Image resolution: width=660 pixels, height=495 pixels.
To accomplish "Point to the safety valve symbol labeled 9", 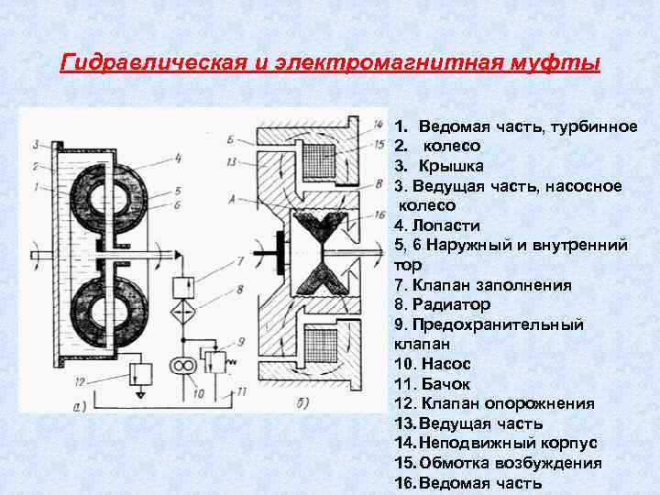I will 217,360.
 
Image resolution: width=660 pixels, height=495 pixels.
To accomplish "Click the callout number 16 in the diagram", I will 379,214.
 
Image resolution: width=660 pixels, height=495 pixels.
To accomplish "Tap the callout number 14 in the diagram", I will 379,125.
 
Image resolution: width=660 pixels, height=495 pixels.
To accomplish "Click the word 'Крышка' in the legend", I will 451,166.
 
